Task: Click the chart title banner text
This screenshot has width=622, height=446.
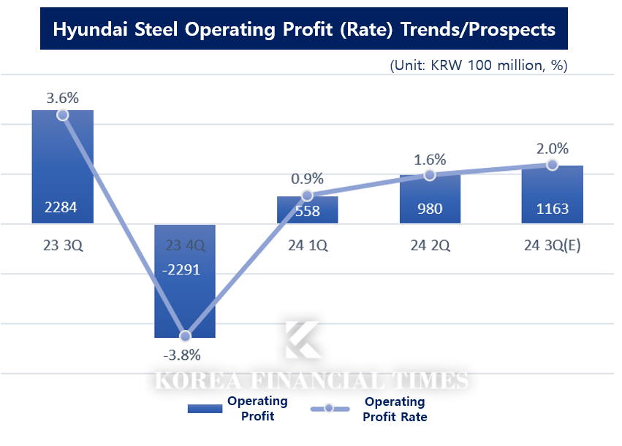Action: coord(304,30)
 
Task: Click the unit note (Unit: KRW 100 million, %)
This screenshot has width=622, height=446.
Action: coord(479,65)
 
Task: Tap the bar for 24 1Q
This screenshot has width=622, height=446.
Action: coord(307,210)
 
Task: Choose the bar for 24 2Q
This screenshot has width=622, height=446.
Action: coord(430,199)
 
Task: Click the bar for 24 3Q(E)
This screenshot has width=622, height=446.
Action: coord(552,194)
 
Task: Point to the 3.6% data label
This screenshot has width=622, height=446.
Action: coord(62,97)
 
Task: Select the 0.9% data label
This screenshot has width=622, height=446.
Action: coord(307,178)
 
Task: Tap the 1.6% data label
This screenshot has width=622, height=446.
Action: coord(430,159)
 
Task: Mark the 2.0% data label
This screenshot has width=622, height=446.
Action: coord(552,148)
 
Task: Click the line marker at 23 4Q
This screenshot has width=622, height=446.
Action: coord(186,336)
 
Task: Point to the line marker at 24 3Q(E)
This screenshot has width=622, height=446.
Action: coord(552,165)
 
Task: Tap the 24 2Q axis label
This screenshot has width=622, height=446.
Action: coord(430,245)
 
